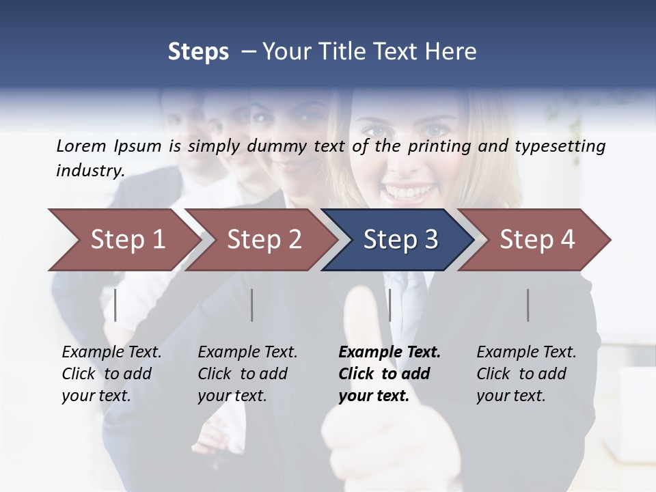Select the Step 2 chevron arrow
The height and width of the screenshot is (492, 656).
pyautogui.click(x=264, y=240)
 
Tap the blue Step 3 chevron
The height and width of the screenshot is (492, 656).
pyautogui.click(x=400, y=240)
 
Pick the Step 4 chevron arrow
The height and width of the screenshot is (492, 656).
pyautogui.click(x=537, y=240)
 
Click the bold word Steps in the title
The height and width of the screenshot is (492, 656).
pyautogui.click(x=198, y=51)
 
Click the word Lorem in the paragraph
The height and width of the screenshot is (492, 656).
pyautogui.click(x=81, y=146)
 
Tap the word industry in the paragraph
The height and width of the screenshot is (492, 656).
pyautogui.click(x=90, y=170)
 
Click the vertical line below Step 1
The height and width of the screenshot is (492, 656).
pyautogui.click(x=115, y=305)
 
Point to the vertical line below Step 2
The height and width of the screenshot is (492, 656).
pyautogui.click(x=252, y=305)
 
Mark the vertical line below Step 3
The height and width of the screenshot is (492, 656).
pyautogui.click(x=389, y=305)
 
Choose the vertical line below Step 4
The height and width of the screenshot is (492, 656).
pyautogui.click(x=528, y=305)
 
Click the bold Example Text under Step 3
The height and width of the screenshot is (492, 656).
pyautogui.click(x=389, y=353)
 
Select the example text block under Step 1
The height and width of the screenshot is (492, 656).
pyautogui.click(x=111, y=374)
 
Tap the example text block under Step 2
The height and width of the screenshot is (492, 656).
pyautogui.click(x=247, y=374)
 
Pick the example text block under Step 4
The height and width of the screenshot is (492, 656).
pyautogui.click(x=526, y=374)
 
